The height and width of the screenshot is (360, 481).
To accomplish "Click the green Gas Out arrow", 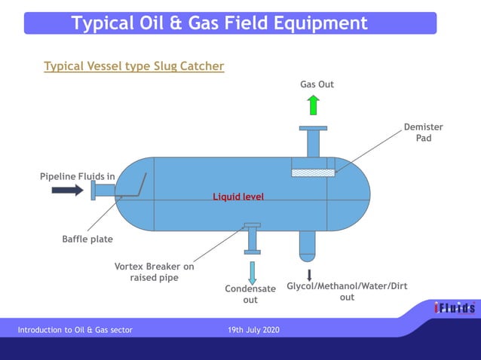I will pyautogui.click(x=314, y=105).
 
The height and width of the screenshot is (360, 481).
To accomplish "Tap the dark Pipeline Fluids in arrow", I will pyautogui.click(x=67, y=191).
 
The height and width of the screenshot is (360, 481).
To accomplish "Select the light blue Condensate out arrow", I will pyautogui.click(x=252, y=272).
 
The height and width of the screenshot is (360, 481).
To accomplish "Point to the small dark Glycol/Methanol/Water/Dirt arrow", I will pyautogui.click(x=309, y=275).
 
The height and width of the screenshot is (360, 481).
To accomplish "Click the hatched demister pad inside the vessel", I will pyautogui.click(x=314, y=172).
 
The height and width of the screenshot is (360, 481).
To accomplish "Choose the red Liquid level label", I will pyautogui.click(x=238, y=197).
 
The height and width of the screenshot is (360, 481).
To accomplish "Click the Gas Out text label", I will pyautogui.click(x=317, y=84).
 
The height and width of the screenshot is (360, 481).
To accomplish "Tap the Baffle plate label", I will pyautogui.click(x=87, y=239).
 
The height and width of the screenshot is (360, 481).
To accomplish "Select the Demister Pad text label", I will pyautogui.click(x=423, y=133).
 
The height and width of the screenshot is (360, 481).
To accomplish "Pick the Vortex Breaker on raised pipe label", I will pyautogui.click(x=154, y=272).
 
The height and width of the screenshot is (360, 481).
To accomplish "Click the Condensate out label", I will pyautogui.click(x=250, y=294).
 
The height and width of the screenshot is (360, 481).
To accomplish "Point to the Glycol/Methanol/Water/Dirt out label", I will pyautogui.click(x=347, y=291).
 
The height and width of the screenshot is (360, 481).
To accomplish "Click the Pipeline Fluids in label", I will pyautogui.click(x=77, y=176).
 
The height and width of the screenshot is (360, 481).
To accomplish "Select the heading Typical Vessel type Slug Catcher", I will pyautogui.click(x=134, y=66).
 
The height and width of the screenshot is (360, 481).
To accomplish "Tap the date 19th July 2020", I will pyautogui.click(x=253, y=330).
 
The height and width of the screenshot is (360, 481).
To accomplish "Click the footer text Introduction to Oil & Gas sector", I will pyautogui.click(x=75, y=330).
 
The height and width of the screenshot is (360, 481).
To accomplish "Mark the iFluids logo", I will pyautogui.click(x=454, y=308).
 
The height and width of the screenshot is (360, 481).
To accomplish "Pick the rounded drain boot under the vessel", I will pyautogui.click(x=308, y=244).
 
